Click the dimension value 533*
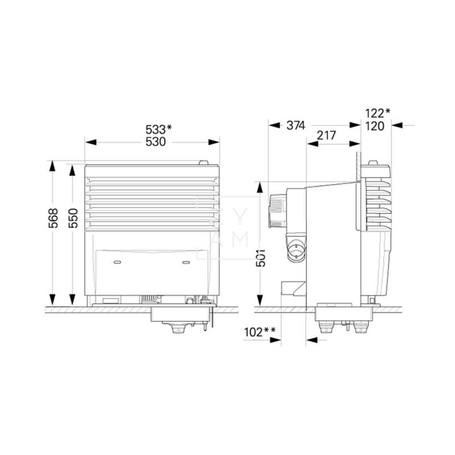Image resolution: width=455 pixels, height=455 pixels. click(x=159, y=129)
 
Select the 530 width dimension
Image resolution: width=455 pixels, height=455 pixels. click(x=155, y=142)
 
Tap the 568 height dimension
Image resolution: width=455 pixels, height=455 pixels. click(x=53, y=218)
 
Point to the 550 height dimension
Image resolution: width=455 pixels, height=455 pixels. click(x=73, y=218)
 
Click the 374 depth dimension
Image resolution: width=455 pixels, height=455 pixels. click(x=296, y=125)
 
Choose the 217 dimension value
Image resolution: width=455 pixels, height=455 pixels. click(x=326, y=135)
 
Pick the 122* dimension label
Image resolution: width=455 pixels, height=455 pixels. click(x=378, y=113)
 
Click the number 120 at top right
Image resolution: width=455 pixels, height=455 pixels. click(x=375, y=126)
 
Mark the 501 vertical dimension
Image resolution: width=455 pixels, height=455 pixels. click(x=261, y=258)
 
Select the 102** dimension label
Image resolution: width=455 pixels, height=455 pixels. click(x=260, y=332)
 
